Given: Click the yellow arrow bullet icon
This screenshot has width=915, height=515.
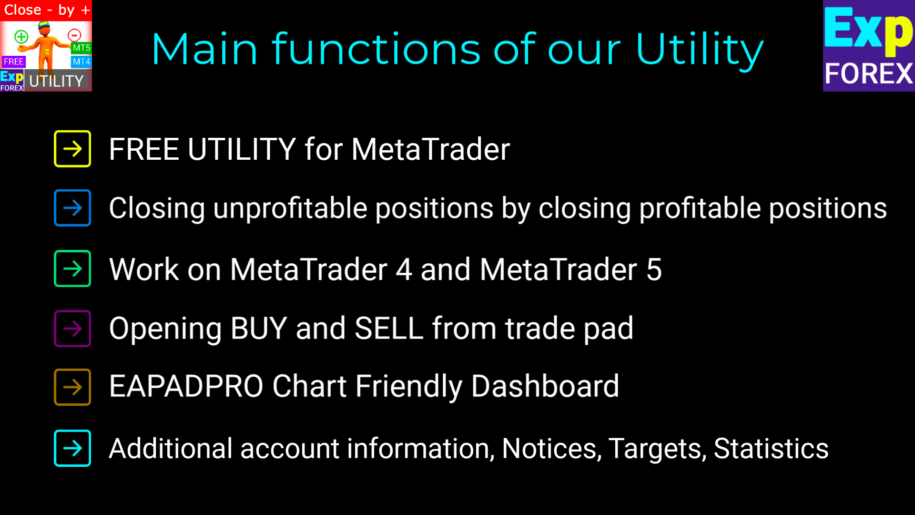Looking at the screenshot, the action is tap(72, 149).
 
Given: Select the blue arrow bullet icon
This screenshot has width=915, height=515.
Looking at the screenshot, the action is tap(72, 208).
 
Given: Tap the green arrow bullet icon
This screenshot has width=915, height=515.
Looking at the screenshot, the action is tap(72, 268).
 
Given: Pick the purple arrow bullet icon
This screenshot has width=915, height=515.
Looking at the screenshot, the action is tap(72, 329).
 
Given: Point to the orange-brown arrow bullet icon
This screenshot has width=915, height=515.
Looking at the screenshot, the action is tap(72, 387).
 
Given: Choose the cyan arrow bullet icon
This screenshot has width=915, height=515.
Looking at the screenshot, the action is tap(72, 448).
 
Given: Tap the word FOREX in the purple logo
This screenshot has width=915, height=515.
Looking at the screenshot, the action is tap(869, 74).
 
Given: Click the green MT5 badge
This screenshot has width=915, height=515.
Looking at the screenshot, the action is tap(81, 48).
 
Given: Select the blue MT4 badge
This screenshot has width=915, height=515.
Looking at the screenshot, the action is tap(81, 62).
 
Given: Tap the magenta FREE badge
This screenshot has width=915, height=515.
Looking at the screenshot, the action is tap(13, 62).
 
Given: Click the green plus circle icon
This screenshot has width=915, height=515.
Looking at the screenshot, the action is tap(21, 37).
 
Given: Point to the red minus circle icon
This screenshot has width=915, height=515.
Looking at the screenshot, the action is tap(74, 35).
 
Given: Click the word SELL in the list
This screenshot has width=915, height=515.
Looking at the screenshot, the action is tap(389, 328).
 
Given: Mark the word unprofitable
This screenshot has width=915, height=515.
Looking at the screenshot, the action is tap(290, 209).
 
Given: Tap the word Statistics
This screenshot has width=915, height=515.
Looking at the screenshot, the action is tap(771, 449).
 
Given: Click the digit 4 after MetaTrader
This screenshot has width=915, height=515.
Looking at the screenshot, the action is tap(404, 269).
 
